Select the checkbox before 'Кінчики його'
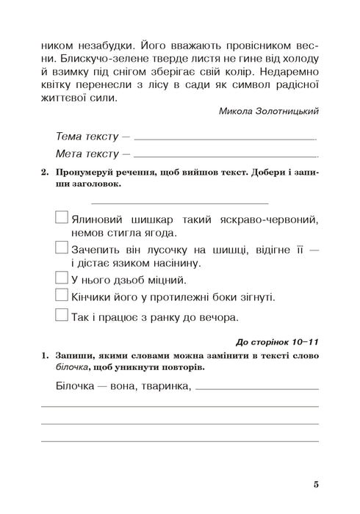[62, 297]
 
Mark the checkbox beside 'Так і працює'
[62, 317]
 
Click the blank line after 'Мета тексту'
[227, 156]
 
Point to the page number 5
[315, 484]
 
